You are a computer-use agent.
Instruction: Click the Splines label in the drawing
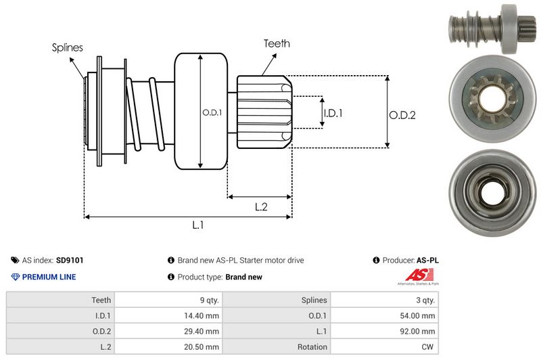pos(67,47)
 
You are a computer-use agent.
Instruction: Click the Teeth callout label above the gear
pos(277,43)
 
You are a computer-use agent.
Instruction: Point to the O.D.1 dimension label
pos(212,112)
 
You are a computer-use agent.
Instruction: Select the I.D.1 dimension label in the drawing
pos(333,113)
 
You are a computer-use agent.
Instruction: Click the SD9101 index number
pos(70,260)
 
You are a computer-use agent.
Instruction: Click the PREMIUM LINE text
pos(49,277)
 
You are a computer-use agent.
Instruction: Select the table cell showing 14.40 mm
pos(203,315)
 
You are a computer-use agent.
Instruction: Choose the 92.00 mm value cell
pos(419,331)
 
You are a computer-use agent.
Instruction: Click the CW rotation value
pos(428,347)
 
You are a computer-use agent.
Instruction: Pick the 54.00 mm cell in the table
pos(419,315)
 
